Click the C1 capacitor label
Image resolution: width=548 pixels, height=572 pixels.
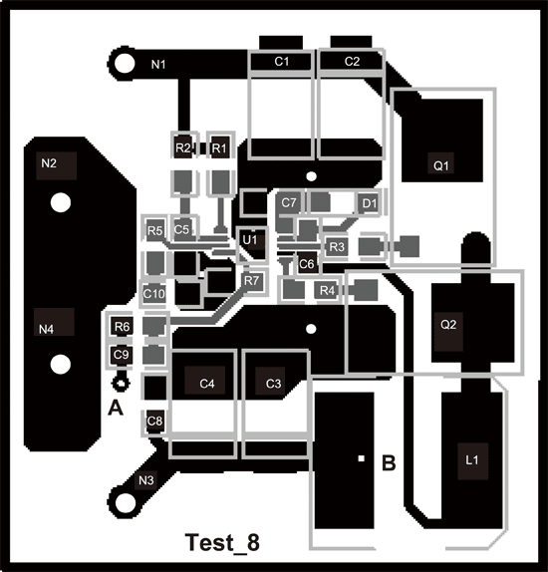[x=282, y=62]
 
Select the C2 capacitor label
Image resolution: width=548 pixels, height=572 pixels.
[x=352, y=62]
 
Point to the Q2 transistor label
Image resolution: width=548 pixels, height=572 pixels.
[x=448, y=324]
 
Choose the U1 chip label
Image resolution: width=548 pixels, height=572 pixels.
[x=249, y=239]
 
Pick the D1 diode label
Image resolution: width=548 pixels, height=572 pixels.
[x=369, y=204]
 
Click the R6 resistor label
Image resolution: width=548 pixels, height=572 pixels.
[x=122, y=327]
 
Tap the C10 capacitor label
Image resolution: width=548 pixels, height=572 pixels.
[x=153, y=294]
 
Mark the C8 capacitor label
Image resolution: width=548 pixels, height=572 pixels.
[x=154, y=422]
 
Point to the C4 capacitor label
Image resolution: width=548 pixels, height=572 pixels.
[x=207, y=383]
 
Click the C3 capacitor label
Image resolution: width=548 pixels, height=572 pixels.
[x=275, y=383]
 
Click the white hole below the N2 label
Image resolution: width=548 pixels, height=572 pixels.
[x=61, y=204]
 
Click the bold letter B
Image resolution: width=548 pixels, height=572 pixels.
[x=390, y=462]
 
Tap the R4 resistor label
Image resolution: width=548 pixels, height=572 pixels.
[x=327, y=290]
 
